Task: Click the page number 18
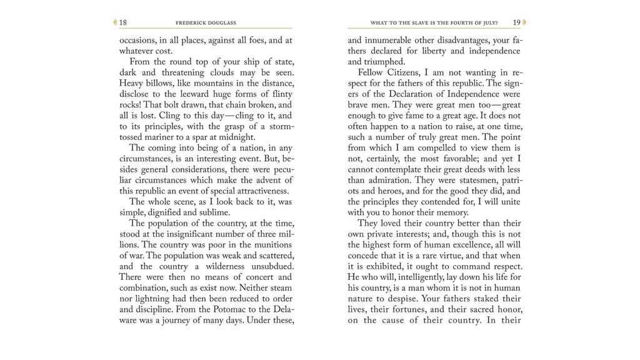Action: click(x=123, y=22)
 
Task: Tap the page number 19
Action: click(x=516, y=22)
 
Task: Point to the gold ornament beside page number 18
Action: click(x=115, y=22)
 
